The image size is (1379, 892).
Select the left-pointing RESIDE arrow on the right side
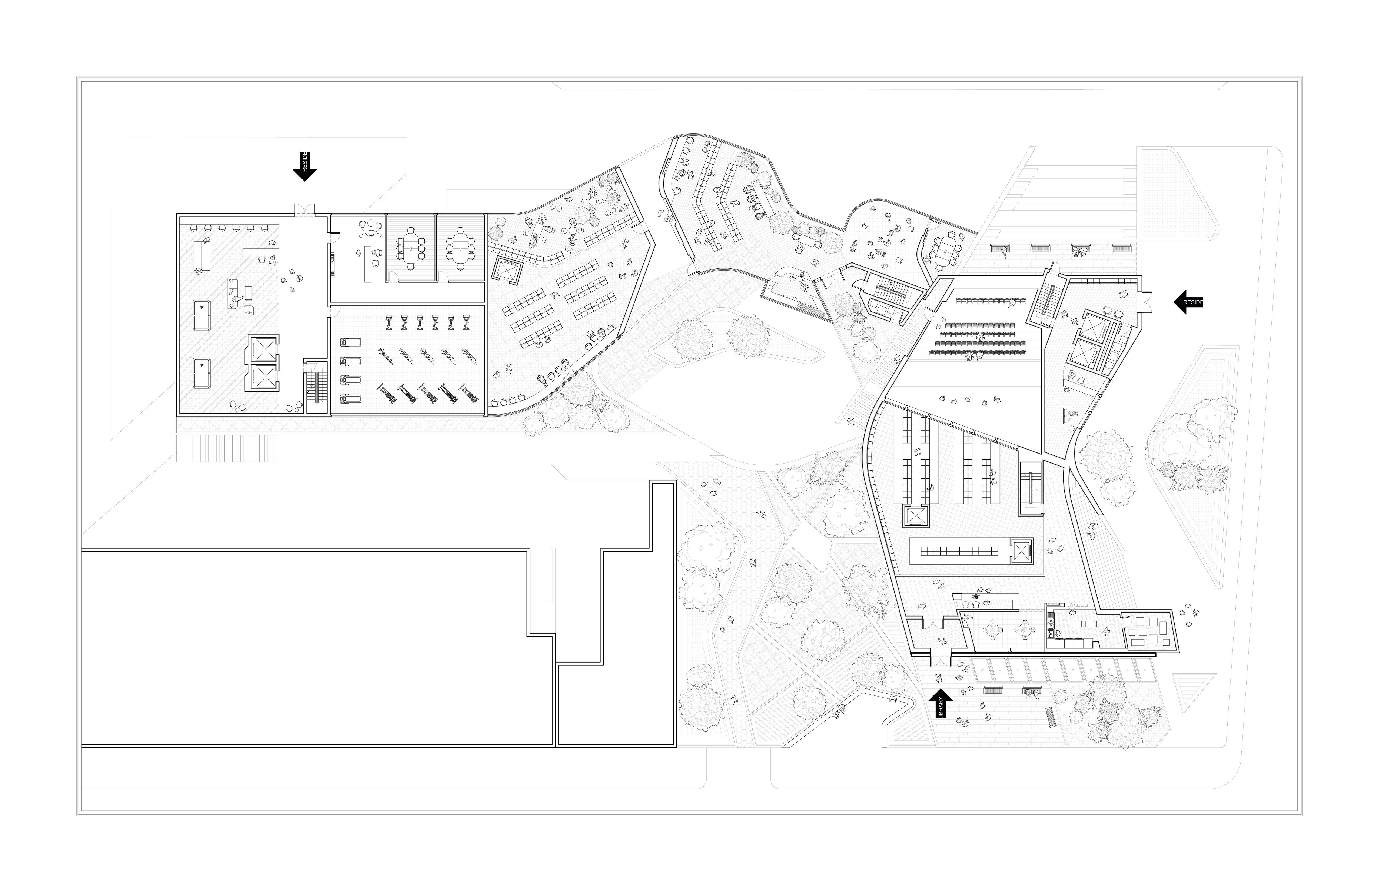coord(1188,302)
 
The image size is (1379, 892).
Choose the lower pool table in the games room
coord(202,374)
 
